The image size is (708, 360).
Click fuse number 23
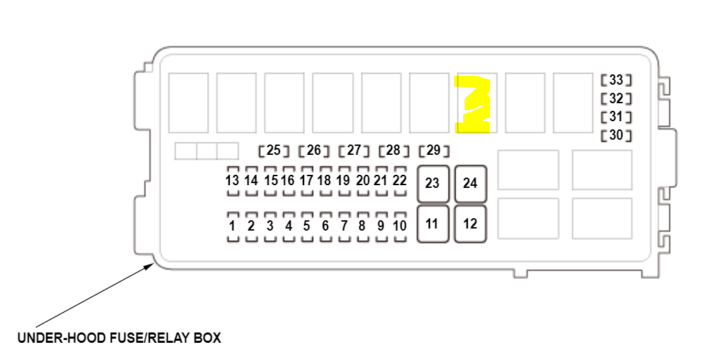tap(433, 184)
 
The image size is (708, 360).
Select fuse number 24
tap(470, 184)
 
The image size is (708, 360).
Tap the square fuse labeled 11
tap(433, 224)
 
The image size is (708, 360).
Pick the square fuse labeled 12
tap(470, 224)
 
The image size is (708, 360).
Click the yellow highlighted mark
tap(473, 103)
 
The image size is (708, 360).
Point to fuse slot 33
tap(616, 81)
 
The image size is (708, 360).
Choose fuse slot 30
tap(616, 136)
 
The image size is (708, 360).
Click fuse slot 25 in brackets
tap(274, 150)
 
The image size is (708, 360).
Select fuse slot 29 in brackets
tap(433, 150)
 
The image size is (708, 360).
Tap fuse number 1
tap(233, 226)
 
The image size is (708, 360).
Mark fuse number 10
tap(400, 226)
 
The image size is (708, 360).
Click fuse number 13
tap(232, 180)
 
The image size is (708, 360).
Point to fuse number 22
tap(400, 180)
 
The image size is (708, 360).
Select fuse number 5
tap(307, 226)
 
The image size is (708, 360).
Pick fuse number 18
tap(325, 180)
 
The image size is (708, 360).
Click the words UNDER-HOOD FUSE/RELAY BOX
tap(119, 338)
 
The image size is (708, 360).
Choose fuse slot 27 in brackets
tap(354, 150)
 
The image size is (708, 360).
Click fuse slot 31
tap(616, 117)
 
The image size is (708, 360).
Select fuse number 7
tap(344, 226)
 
